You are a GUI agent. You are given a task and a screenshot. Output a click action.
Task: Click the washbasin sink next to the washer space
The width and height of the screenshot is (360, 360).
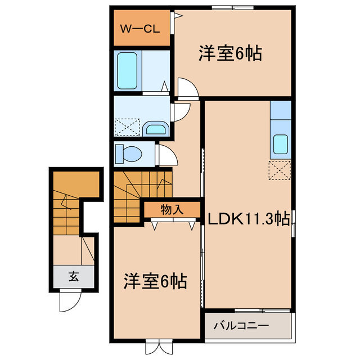[x=154, y=129]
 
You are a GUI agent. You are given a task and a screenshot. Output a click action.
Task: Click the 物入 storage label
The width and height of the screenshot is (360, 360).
[x=172, y=210]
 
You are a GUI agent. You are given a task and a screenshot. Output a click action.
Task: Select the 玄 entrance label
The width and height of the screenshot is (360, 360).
[x=74, y=276]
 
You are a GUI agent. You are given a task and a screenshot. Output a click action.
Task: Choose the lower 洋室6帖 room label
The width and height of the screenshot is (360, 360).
[x=156, y=281]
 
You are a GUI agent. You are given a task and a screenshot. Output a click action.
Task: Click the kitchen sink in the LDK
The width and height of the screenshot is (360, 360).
[x=281, y=146]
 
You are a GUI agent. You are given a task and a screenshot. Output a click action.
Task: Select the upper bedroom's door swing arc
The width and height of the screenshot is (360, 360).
[x=187, y=87]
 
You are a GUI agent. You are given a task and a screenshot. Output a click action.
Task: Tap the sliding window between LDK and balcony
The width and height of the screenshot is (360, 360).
[x=263, y=310]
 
